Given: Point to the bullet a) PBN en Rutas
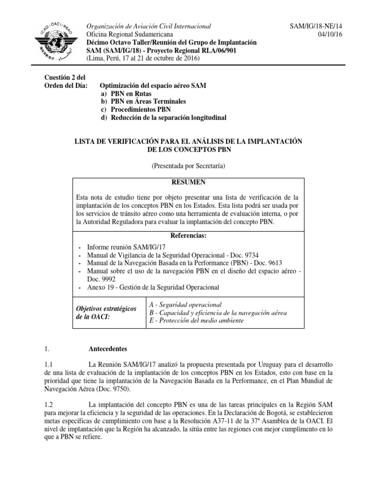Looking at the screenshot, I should [x=126, y=93].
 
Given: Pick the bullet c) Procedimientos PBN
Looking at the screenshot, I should [x=135, y=110].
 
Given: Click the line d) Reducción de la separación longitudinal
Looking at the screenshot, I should [x=163, y=117].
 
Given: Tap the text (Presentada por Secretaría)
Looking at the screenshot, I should [x=188, y=167].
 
